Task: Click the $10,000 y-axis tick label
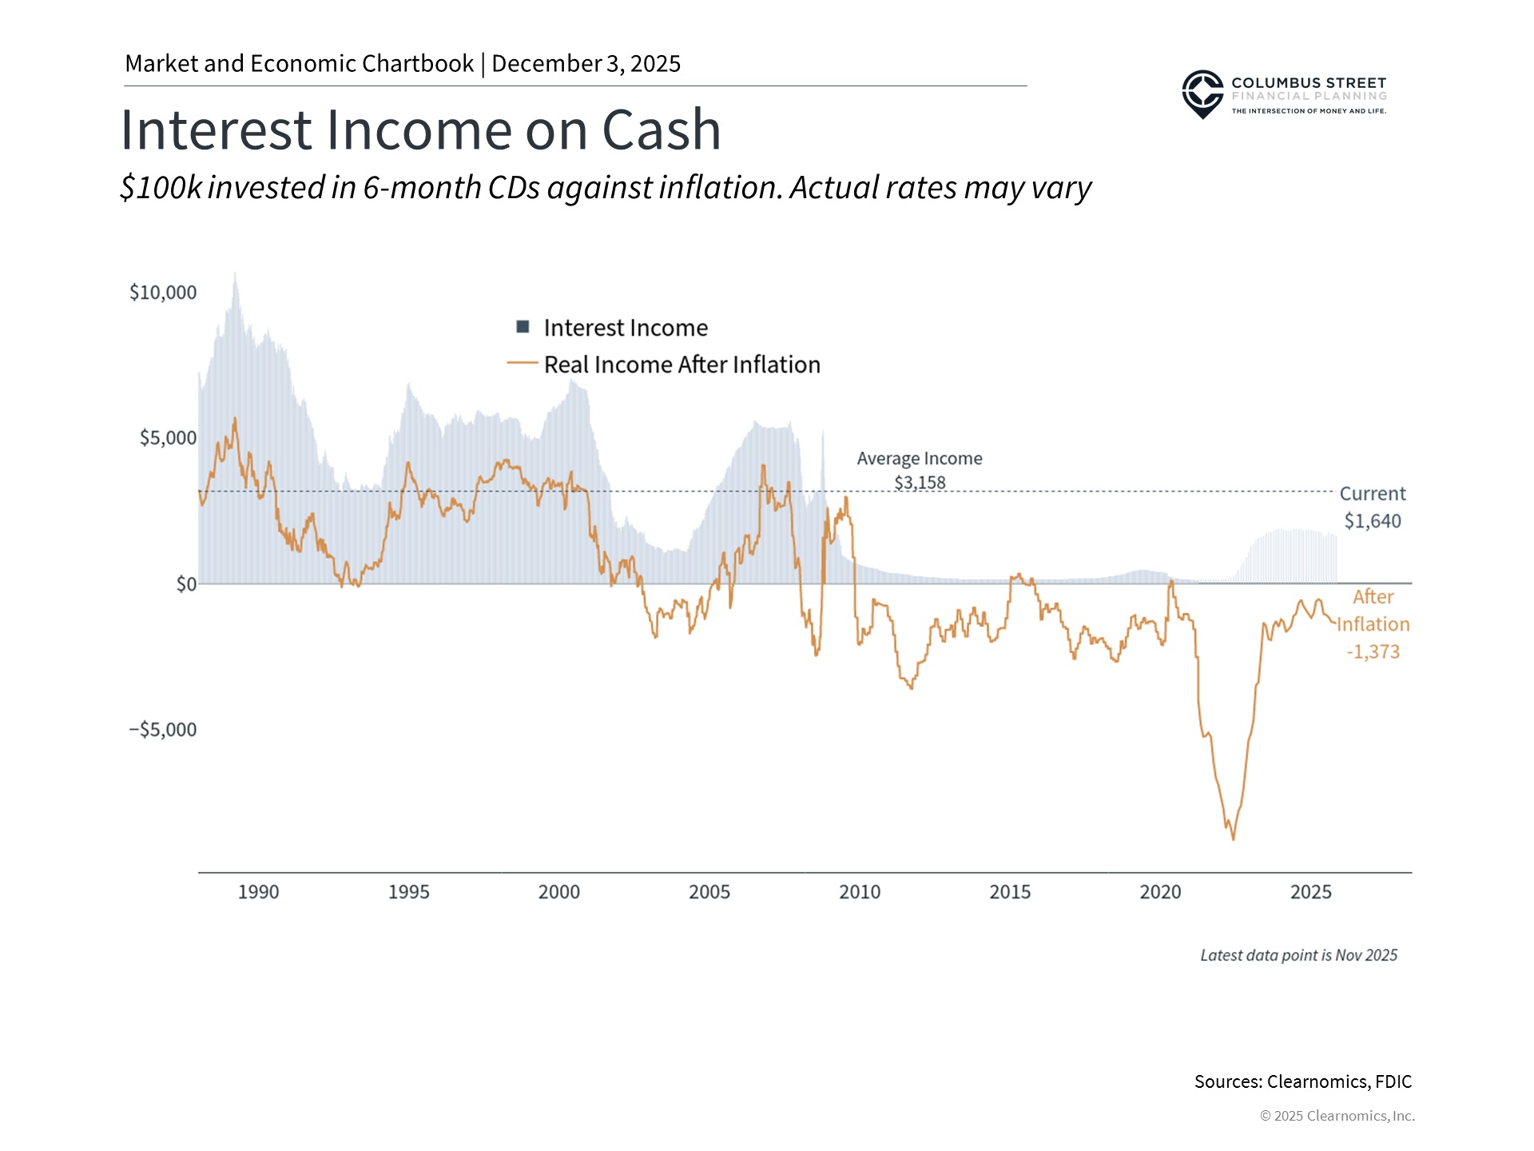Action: point(163,293)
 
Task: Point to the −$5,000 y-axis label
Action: point(163,730)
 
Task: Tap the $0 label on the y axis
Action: point(186,584)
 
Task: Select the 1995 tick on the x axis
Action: point(408,892)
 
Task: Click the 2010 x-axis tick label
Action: point(860,892)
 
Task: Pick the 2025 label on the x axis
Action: point(1310,892)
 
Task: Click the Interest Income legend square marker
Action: point(523,327)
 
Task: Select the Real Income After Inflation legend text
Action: point(682,364)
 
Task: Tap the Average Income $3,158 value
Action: point(920,483)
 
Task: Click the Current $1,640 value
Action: point(1373,521)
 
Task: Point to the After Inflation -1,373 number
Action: point(1373,651)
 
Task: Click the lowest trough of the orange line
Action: point(1233,838)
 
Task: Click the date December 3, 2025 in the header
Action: point(586,64)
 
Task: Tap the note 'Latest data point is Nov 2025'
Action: point(1298,955)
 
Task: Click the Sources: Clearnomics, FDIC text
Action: point(1302,1081)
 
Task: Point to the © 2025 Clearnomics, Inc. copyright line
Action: point(1337,1116)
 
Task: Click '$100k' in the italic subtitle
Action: point(161,188)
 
